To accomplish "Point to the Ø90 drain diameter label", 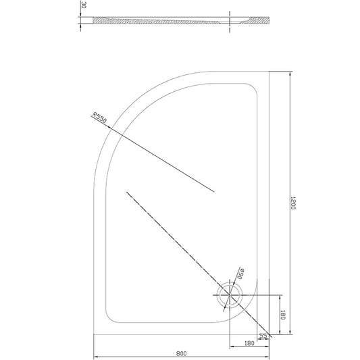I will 240,272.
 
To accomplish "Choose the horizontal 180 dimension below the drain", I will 249,343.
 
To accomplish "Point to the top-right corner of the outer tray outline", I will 269,70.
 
